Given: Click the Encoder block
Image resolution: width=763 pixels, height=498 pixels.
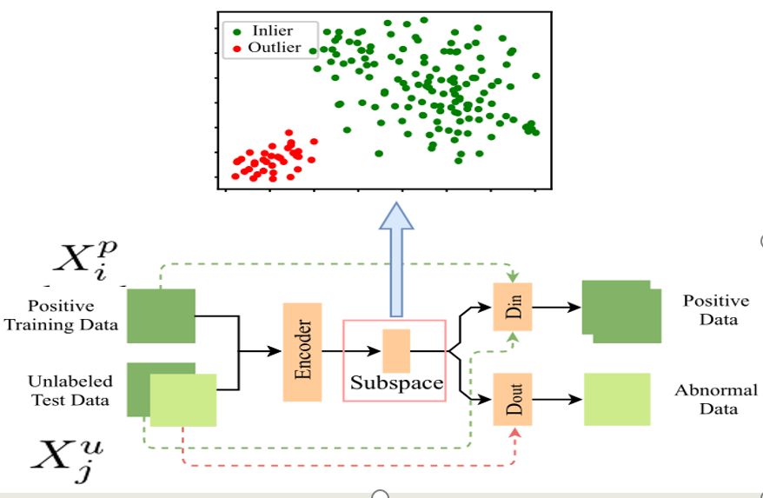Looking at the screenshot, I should pos(302,352).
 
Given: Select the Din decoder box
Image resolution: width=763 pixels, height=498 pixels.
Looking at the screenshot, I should pos(513,307).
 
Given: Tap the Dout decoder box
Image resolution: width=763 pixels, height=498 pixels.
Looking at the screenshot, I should pos(513,399).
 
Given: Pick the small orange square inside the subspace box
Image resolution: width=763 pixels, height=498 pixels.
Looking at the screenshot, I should pos(395,351).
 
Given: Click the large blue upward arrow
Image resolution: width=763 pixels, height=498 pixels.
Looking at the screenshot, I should pos(396,261).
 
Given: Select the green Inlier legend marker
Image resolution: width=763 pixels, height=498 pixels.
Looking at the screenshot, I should pos(236,31).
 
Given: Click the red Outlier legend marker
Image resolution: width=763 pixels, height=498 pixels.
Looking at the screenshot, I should pos(236,48).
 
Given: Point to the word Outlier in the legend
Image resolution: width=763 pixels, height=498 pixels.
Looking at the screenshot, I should pos(275,48).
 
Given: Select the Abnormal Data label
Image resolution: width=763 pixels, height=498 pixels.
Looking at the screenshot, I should pos(715,399).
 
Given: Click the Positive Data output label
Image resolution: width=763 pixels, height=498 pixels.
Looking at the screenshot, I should pos(715,309).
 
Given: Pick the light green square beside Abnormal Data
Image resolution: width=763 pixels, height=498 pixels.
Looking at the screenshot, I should pos(616,399).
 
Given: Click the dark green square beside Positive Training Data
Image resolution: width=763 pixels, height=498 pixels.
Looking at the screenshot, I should pos(161,316).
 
